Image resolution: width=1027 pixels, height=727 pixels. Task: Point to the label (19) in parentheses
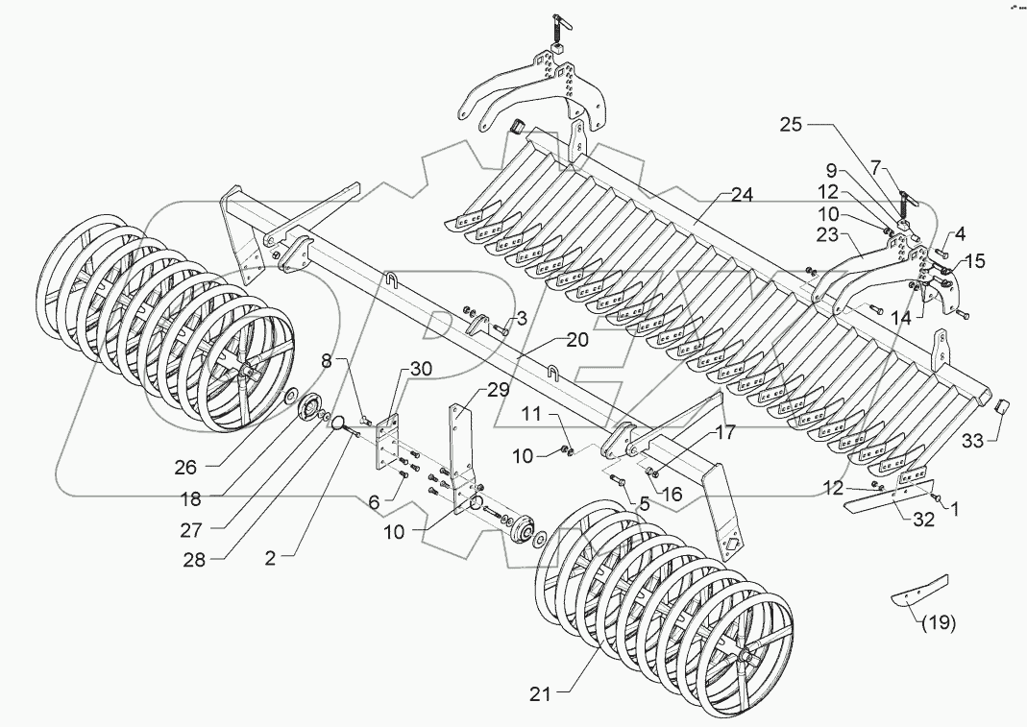click(939, 623)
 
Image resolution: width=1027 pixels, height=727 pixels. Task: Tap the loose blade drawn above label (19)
click(919, 589)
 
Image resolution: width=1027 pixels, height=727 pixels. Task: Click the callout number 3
click(520, 318)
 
